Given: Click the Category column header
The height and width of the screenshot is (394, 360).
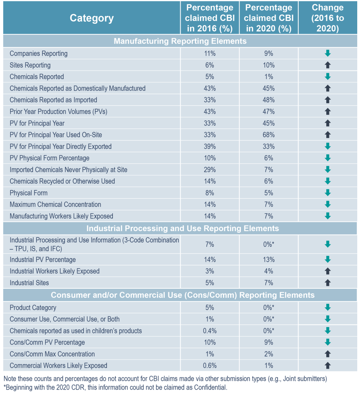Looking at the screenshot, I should (x=91, y=18).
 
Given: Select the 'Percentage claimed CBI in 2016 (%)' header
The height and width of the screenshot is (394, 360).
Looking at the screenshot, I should (x=210, y=18).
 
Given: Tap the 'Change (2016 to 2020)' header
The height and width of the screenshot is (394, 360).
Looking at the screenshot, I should (x=328, y=18).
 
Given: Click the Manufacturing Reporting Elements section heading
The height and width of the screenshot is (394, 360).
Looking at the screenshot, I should (x=180, y=41).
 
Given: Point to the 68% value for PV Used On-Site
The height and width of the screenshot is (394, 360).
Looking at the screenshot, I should (x=269, y=135).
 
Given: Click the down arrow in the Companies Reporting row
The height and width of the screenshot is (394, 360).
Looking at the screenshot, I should (x=328, y=53).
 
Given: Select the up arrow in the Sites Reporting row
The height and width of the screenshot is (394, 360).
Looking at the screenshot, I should (x=328, y=65).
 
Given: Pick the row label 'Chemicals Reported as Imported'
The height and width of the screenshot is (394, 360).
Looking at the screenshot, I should (x=53, y=100).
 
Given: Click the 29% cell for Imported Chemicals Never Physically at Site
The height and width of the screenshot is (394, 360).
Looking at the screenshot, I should (x=210, y=170).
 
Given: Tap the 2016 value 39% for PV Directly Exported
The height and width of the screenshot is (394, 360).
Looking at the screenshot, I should (x=210, y=146).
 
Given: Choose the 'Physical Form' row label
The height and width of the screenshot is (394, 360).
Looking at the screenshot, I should (x=29, y=193).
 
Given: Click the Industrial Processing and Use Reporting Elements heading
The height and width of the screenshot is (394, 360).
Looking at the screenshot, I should (x=183, y=228).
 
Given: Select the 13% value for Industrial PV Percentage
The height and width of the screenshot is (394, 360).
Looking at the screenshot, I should (x=269, y=260).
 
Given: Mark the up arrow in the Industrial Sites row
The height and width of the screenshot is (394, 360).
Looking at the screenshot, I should (x=328, y=283).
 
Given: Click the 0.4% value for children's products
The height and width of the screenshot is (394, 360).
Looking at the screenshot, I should (x=210, y=331).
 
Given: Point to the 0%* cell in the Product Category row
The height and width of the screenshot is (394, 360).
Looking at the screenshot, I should (x=269, y=308).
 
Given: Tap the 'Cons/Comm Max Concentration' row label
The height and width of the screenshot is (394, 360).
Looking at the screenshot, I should (x=52, y=354).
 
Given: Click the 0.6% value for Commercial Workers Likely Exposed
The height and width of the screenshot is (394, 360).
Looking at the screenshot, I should (x=210, y=366).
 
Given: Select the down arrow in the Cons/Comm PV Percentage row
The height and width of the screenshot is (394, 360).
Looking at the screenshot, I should (x=328, y=342).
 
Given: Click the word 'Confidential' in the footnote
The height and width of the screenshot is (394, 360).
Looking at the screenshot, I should (x=210, y=387).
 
